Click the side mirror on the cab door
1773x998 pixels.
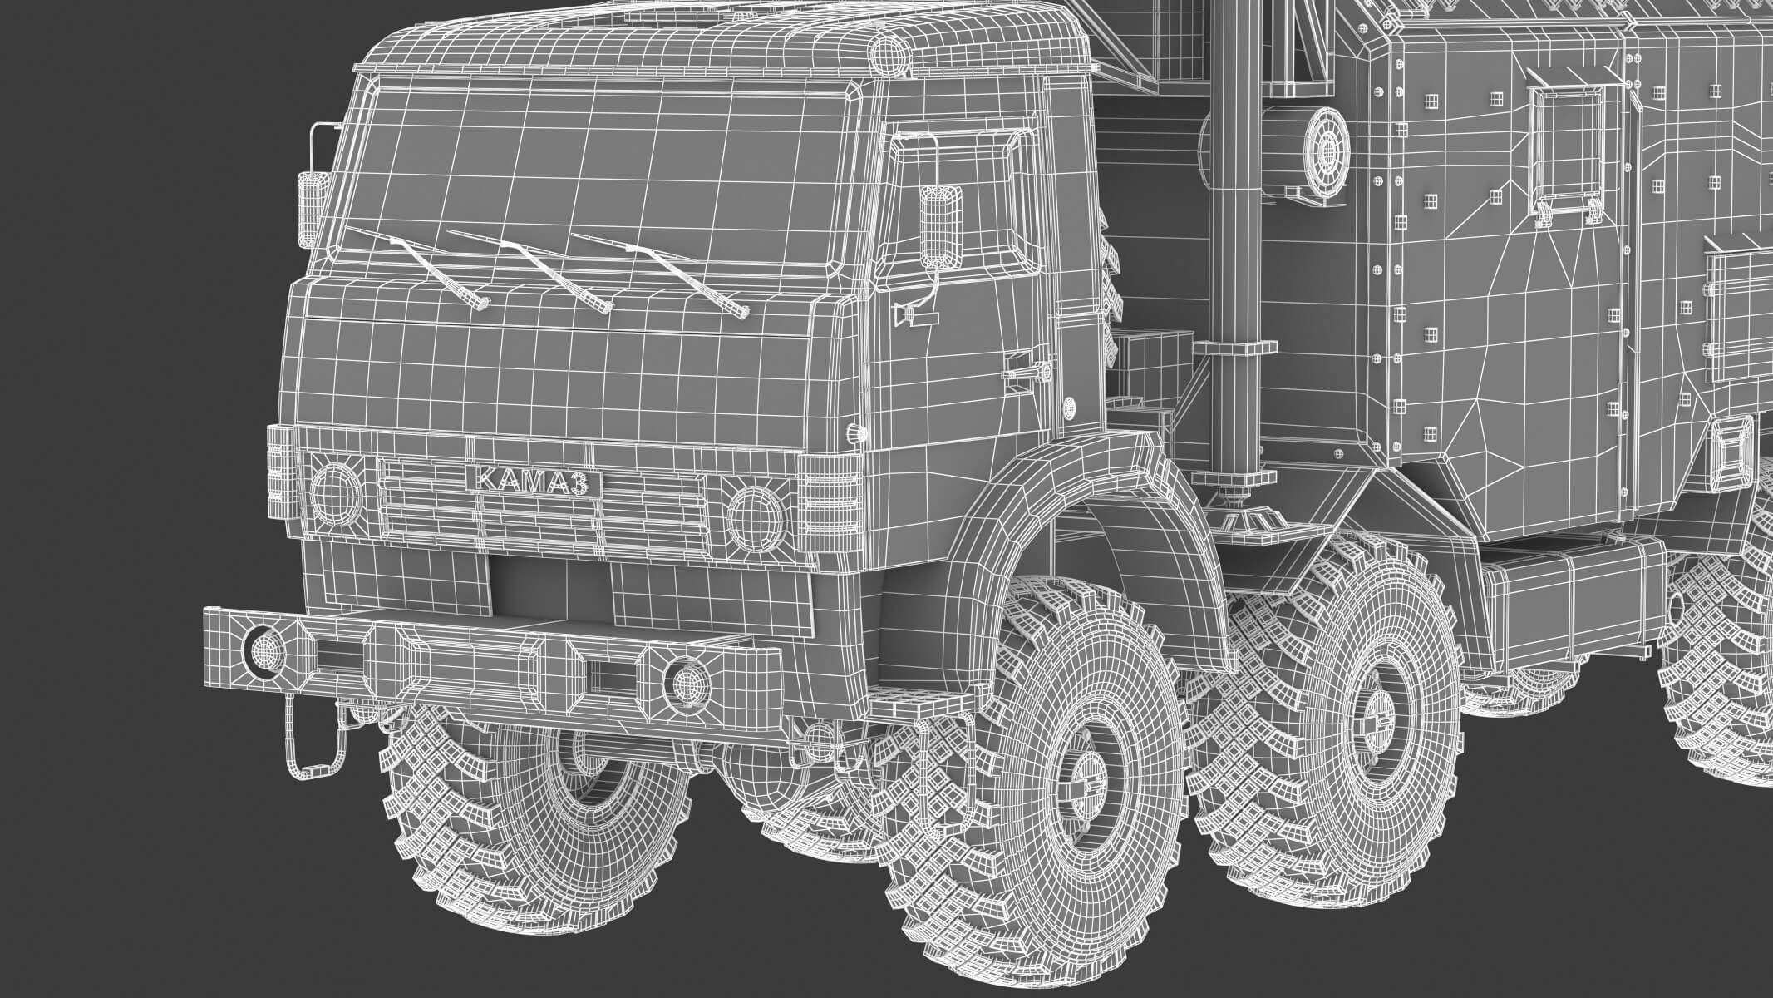[940, 222]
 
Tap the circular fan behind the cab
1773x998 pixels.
[1326, 151]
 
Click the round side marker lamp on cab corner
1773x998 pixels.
[853, 432]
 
